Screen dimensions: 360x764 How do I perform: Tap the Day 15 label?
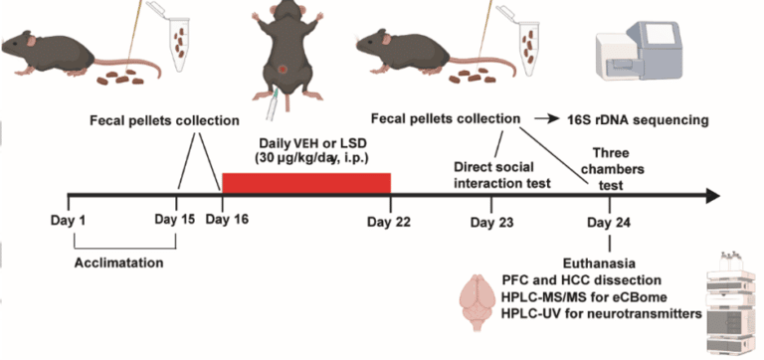(175, 220)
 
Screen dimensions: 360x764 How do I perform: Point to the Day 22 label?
(390, 221)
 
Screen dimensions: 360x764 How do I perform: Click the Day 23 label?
(492, 221)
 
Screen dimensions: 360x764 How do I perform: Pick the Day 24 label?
(607, 221)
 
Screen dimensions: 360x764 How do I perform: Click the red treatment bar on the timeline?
(305, 183)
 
